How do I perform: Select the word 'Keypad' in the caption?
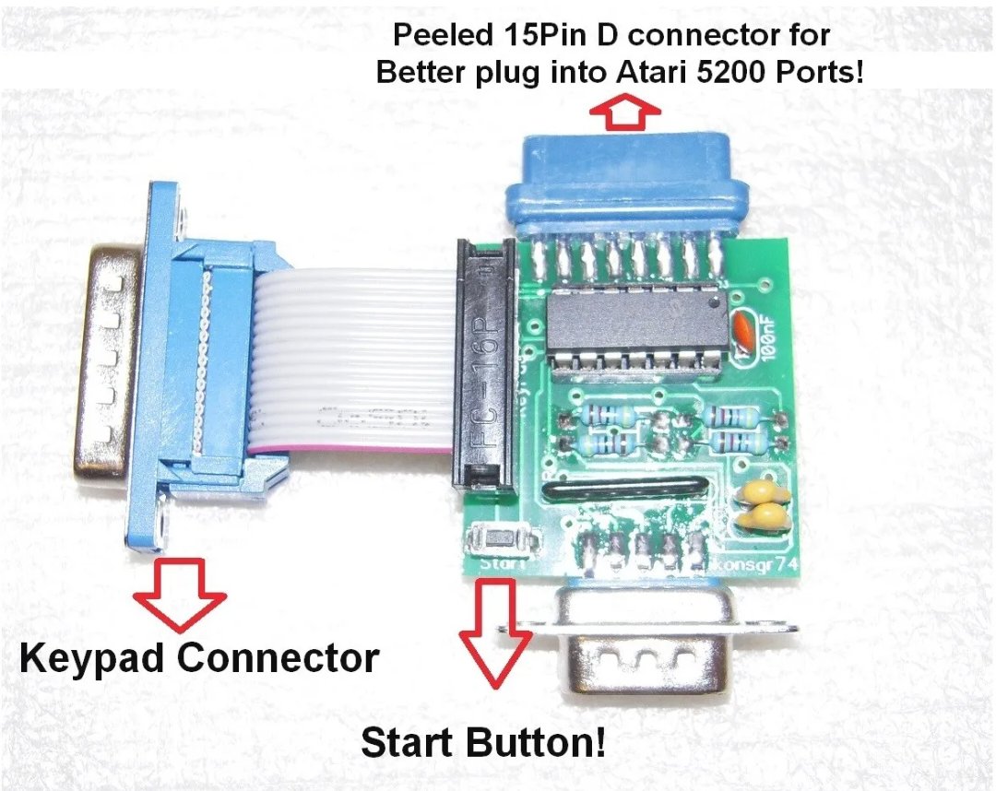(91, 659)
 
